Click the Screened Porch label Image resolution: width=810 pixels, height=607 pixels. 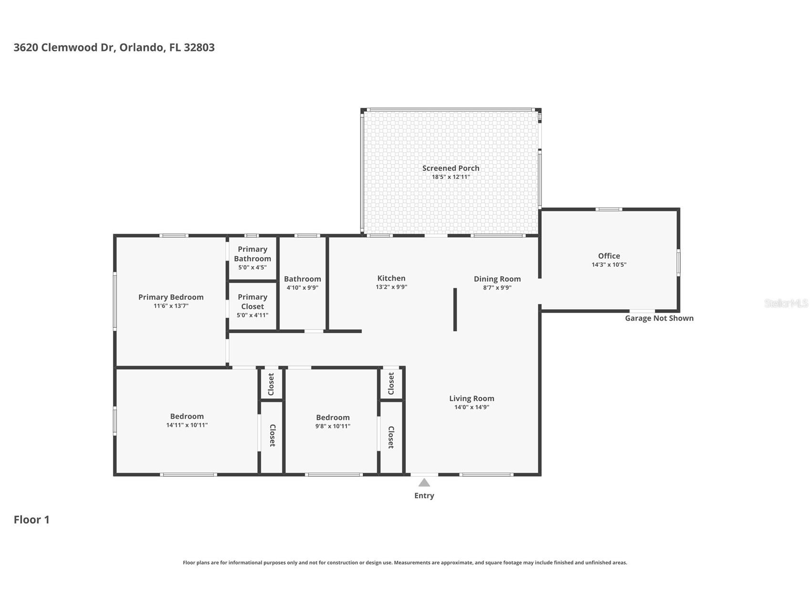(x=451, y=168)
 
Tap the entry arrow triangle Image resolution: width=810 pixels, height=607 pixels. (x=424, y=482)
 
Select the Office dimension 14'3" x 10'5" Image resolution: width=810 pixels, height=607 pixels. (x=609, y=264)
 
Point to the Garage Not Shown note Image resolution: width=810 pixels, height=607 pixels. (x=659, y=318)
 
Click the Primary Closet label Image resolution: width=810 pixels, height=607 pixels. (x=252, y=302)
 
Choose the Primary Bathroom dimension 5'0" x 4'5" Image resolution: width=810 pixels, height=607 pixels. (x=252, y=267)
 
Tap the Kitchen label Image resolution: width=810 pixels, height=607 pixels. (x=391, y=278)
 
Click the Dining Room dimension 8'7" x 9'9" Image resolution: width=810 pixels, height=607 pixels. (x=497, y=287)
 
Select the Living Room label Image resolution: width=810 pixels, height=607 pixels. (x=472, y=398)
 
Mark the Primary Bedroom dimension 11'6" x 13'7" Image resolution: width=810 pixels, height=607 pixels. (x=171, y=305)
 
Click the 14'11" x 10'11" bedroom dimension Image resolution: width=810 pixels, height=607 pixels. (x=187, y=425)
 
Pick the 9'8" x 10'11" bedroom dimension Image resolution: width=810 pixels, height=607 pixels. (x=333, y=426)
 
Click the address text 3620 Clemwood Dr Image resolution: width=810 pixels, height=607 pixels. (x=64, y=47)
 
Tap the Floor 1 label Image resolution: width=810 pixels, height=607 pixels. (x=32, y=520)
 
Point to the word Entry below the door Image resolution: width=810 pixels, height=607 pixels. (x=424, y=496)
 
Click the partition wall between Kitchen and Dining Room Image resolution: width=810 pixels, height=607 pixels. (x=455, y=309)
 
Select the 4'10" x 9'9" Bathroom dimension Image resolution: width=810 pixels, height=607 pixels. (x=302, y=287)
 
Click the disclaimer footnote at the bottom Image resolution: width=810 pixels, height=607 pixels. (x=405, y=563)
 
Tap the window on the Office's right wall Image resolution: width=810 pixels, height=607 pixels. (x=678, y=262)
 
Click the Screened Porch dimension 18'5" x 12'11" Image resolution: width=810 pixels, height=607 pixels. (x=451, y=177)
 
